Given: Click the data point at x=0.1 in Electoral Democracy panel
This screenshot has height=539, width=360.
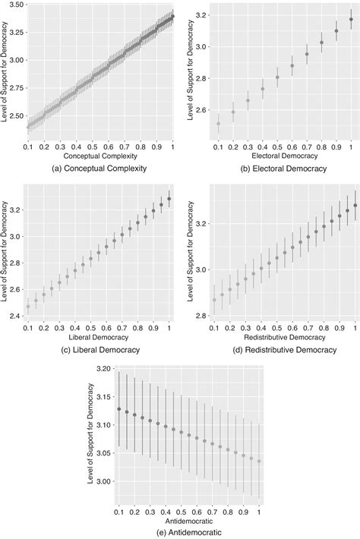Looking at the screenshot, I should [219, 124].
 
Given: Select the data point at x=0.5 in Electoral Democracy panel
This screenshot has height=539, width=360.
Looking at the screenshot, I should [277, 77].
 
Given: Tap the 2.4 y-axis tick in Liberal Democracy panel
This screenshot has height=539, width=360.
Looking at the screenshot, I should [16, 316].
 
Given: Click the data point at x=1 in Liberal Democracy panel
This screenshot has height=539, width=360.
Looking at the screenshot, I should [169, 199].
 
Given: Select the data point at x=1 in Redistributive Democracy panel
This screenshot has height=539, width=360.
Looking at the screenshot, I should [355, 206].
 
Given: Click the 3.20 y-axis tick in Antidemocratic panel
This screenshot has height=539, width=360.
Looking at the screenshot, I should [105, 369].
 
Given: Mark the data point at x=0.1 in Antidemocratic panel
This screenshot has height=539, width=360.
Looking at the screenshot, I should [118, 409].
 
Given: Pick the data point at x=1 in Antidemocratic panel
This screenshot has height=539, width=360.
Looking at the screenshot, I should [259, 461].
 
